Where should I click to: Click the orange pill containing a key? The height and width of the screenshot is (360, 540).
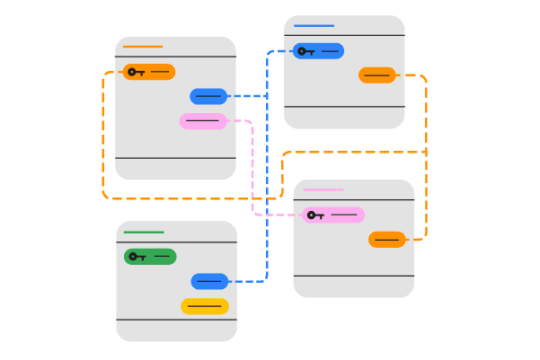[x=149, y=72]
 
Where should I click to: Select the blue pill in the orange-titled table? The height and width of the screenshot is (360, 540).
[x=208, y=96]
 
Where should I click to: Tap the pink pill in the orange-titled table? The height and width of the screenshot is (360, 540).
[x=203, y=120]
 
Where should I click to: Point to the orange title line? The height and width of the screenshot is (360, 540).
[x=143, y=47]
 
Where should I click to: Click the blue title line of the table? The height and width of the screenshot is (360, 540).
[x=314, y=26]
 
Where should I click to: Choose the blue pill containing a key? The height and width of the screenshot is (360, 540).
[x=318, y=51]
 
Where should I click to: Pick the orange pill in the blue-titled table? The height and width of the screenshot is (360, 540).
[x=377, y=75]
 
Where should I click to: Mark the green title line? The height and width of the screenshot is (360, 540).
[x=144, y=233]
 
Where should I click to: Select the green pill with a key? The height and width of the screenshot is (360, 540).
[x=150, y=257]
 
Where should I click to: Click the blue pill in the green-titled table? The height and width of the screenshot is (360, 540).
[x=209, y=282]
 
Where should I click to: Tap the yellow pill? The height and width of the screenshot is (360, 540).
[x=205, y=306]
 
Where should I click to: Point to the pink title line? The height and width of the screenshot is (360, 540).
[x=323, y=190]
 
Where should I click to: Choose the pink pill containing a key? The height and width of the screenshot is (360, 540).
[x=333, y=215]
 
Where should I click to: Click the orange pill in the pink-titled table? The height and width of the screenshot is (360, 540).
[x=387, y=239]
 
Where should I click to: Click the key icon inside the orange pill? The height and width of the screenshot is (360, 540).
[x=136, y=72]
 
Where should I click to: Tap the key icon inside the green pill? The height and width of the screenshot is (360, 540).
[x=137, y=257]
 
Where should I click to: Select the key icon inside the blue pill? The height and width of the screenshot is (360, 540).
[x=305, y=51]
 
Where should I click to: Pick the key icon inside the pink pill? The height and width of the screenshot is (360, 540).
[x=314, y=215]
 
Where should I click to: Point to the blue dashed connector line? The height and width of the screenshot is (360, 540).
[x=267, y=180]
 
